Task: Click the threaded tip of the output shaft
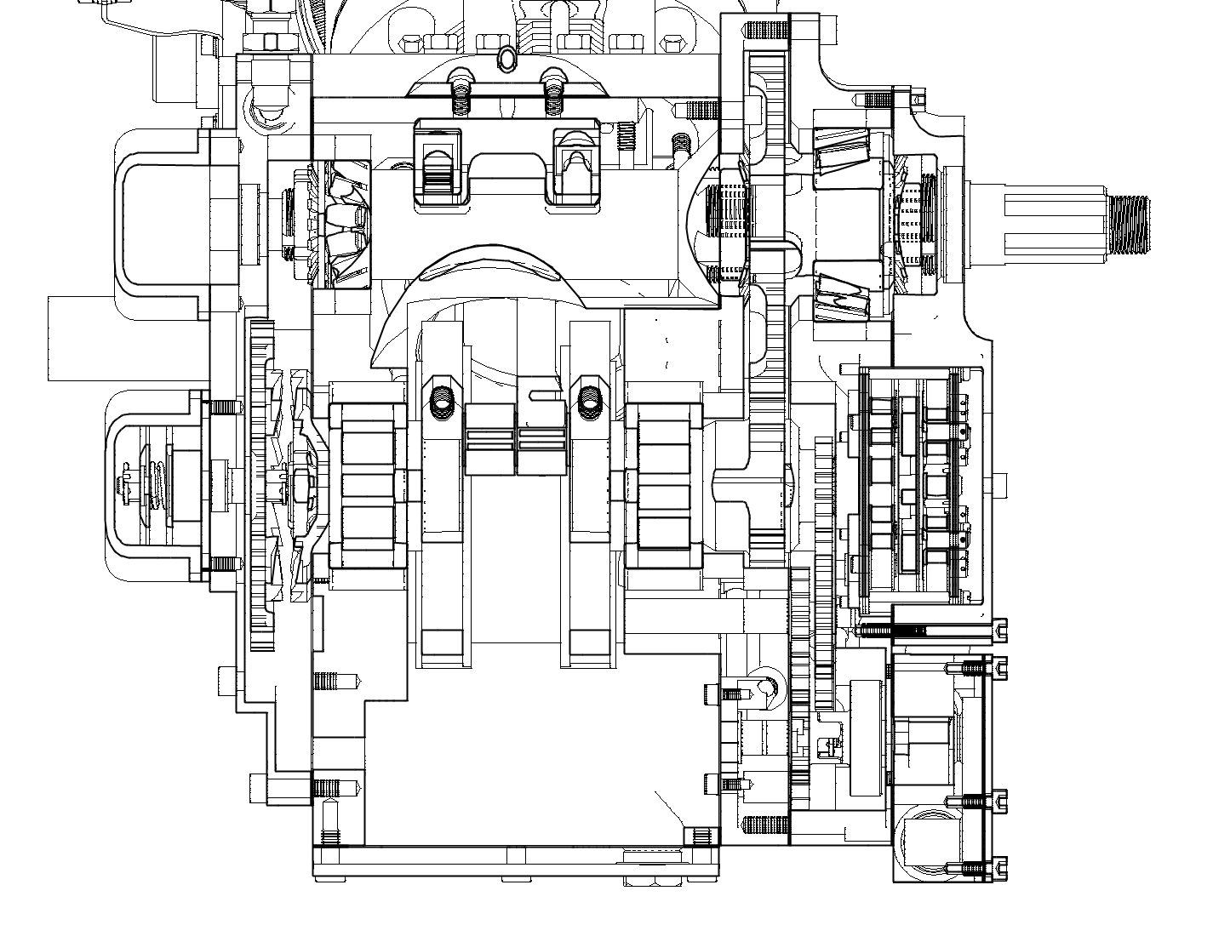(1128, 224)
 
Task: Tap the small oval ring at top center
(506, 59)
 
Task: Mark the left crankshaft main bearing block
(367, 486)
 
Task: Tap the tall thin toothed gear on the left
(262, 485)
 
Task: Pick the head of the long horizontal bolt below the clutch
(999, 630)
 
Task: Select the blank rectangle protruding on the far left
(81, 338)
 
